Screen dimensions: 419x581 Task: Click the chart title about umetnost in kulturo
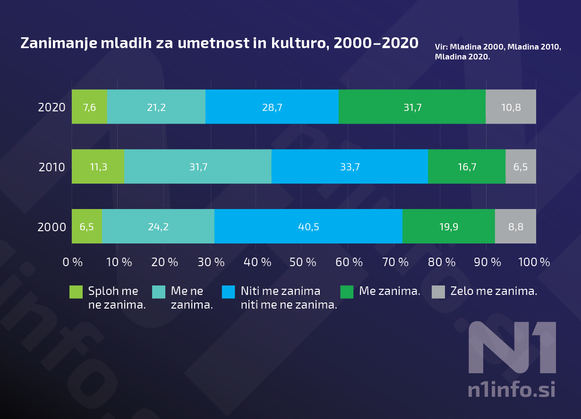point(219,43)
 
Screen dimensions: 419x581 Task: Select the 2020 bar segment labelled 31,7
point(412,107)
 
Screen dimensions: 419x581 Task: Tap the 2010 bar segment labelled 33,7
point(350,167)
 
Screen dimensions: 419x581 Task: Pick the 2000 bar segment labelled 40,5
point(308,226)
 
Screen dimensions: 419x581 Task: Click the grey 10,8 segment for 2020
point(511,107)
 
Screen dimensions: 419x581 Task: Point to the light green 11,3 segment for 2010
point(98,167)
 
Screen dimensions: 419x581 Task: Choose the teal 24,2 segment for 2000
point(158,226)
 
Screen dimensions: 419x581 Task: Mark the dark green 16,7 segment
point(466,167)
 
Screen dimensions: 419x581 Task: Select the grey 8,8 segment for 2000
point(515,226)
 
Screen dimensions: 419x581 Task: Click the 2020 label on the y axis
point(51,108)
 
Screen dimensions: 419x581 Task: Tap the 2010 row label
point(51,167)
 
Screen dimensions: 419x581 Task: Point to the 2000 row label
point(51,227)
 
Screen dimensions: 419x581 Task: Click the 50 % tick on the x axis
point(302,262)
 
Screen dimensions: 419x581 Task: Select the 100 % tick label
point(534,262)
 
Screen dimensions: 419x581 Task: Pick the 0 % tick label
point(73,262)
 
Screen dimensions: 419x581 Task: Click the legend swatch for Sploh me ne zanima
point(76,292)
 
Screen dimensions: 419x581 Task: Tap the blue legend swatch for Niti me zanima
point(228,292)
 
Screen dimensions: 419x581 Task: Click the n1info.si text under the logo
point(511,390)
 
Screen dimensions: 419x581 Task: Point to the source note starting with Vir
point(498,52)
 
